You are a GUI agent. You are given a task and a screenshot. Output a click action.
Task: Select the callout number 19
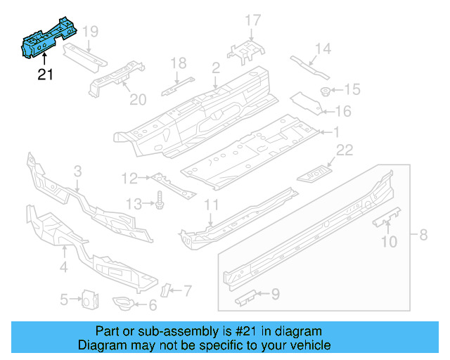(90, 31)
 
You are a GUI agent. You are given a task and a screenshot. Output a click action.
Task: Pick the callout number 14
(322, 49)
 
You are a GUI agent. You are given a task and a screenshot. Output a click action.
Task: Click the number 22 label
(344, 150)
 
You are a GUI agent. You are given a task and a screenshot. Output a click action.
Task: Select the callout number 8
(423, 235)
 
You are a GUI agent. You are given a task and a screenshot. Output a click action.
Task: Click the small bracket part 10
(387, 218)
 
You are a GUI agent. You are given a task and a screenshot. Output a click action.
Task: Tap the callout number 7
(186, 289)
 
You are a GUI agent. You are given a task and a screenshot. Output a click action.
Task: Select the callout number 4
(63, 266)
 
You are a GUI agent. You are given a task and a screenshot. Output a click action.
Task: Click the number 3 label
(77, 170)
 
